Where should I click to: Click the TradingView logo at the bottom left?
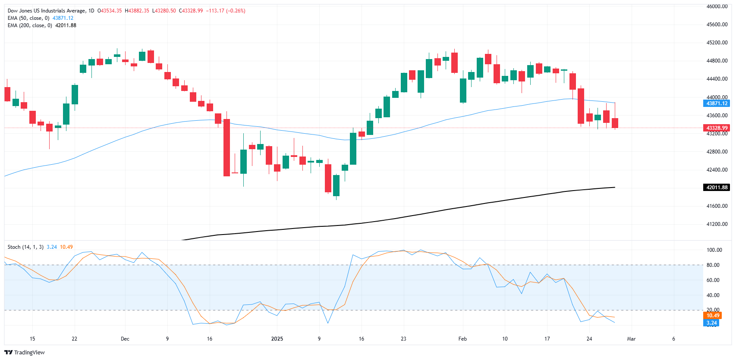25,352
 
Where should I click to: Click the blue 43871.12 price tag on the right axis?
717,103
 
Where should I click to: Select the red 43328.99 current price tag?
717,128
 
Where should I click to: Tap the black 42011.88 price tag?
717,188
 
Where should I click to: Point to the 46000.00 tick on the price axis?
717,6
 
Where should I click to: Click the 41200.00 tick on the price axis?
717,224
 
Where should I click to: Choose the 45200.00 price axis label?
717,43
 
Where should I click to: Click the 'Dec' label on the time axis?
125,339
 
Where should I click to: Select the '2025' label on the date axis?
277,339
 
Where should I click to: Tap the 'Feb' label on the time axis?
462,339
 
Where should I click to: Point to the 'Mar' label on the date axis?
631,339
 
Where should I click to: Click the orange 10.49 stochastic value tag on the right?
712,316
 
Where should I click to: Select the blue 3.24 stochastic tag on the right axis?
711,323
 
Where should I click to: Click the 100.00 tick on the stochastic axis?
714,250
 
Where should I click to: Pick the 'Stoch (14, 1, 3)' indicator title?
25,247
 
